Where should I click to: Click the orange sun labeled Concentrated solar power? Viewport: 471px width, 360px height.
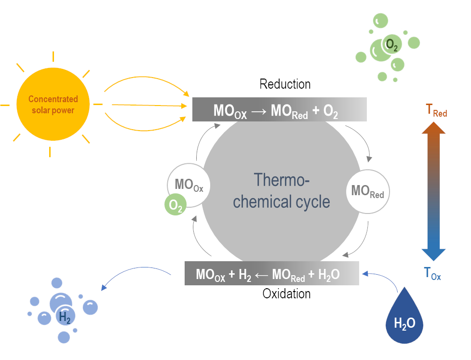53,105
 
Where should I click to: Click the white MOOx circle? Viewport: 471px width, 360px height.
189,185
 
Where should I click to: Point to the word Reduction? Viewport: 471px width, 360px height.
285,84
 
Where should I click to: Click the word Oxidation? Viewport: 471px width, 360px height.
286,293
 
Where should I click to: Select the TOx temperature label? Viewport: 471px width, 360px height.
432,274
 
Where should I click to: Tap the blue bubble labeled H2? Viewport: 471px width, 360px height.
65,316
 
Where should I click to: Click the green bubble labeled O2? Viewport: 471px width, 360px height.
391,46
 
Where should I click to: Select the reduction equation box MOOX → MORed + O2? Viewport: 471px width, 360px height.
280,109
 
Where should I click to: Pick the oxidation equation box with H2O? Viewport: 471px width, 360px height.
271,273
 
